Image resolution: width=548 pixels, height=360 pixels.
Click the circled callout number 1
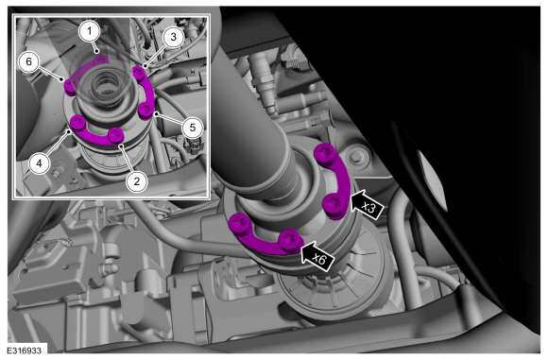point(90,31)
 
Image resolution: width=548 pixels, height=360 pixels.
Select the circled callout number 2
point(137,181)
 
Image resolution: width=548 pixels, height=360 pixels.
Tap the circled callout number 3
point(173,37)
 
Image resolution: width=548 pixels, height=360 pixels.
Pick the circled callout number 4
point(39,163)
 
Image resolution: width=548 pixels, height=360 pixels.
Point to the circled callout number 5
point(193,128)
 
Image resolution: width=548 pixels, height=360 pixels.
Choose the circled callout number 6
point(28,61)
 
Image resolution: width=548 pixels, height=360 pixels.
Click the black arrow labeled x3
point(367,205)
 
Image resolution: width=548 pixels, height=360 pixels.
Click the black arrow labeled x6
point(317,257)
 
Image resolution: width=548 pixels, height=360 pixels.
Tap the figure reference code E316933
point(24,351)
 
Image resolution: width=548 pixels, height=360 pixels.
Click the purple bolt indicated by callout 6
point(70,87)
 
